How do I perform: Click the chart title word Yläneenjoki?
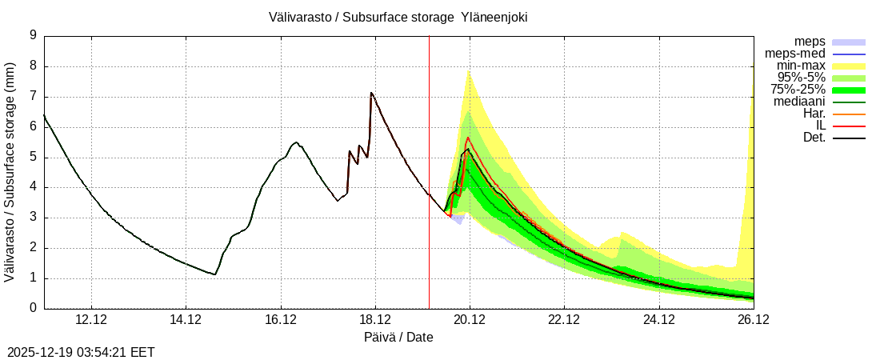point(494,17)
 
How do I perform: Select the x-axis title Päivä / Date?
point(398,337)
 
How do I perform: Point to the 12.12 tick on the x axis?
point(91,320)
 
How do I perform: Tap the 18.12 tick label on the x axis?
point(374,320)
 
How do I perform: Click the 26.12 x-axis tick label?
point(753,320)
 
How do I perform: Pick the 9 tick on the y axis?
point(33,35)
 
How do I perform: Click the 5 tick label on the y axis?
point(33,157)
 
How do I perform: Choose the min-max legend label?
point(801,66)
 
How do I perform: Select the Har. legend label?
point(814,114)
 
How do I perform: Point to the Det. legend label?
point(814,138)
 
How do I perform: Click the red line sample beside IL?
point(849,126)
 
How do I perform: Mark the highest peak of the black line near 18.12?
point(371,93)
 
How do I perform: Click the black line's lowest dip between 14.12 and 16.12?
point(214,274)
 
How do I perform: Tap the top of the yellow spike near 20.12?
point(468,70)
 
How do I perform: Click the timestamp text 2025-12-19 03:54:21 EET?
point(81,352)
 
